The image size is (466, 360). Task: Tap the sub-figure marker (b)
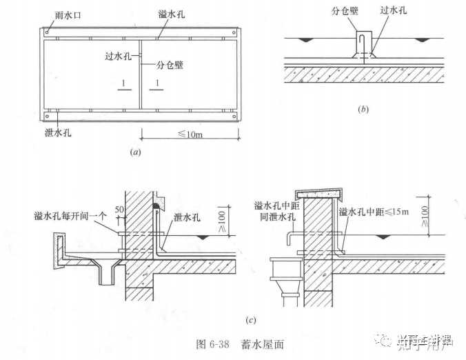[363, 109]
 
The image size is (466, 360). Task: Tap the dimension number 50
[120, 208]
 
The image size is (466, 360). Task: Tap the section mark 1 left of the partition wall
[121, 83]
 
